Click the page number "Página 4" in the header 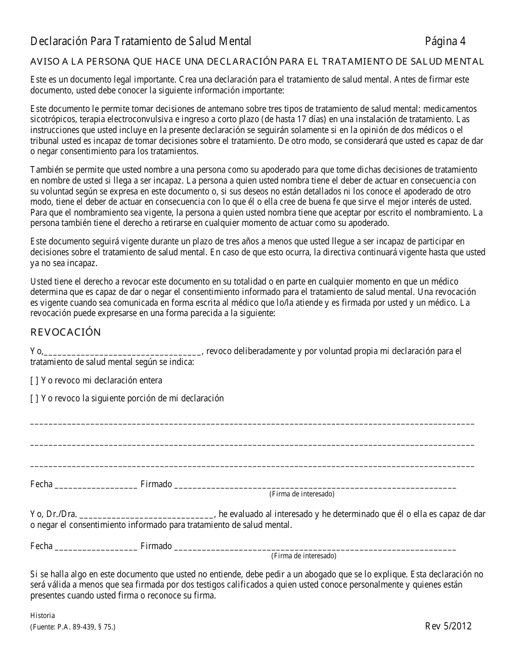(x=445, y=41)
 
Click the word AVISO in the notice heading (x=43, y=61)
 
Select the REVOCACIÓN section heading (x=66, y=332)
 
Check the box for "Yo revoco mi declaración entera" (x=34, y=381)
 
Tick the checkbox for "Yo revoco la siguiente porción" (x=34, y=399)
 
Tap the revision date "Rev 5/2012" (x=448, y=626)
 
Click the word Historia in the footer (x=42, y=615)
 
